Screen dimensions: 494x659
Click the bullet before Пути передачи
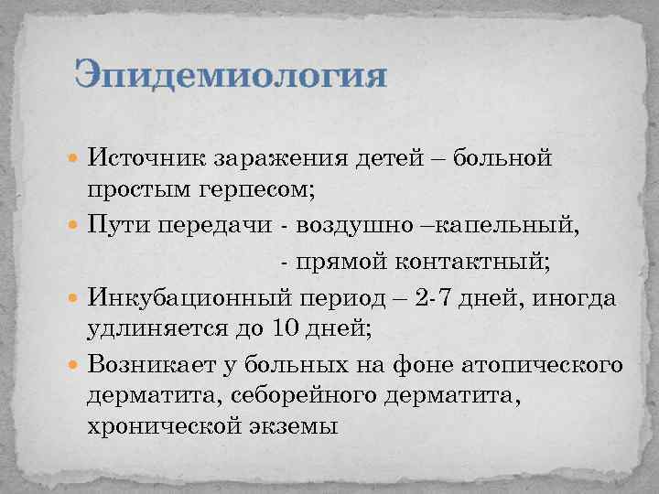75,226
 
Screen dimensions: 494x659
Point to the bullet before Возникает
75,365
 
